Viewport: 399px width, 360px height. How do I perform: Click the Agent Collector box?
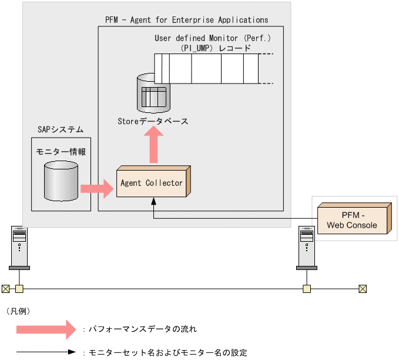pyautogui.click(x=152, y=183)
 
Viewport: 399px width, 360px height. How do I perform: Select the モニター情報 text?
pyautogui.click(x=61, y=151)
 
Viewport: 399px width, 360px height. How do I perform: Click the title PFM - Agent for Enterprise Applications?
pyautogui.click(x=186, y=20)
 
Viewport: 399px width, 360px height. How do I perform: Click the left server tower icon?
pyautogui.click(x=19, y=247)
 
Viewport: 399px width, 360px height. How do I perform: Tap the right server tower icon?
pyautogui.click(x=306, y=247)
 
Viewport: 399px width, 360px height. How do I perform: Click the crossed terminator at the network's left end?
pyautogui.click(x=5, y=288)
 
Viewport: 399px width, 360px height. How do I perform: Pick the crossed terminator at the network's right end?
pyautogui.click(x=363, y=288)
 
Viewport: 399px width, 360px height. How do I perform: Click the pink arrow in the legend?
pyautogui.click(x=46, y=329)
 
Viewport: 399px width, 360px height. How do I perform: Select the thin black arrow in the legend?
pyautogui.click(x=46, y=353)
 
